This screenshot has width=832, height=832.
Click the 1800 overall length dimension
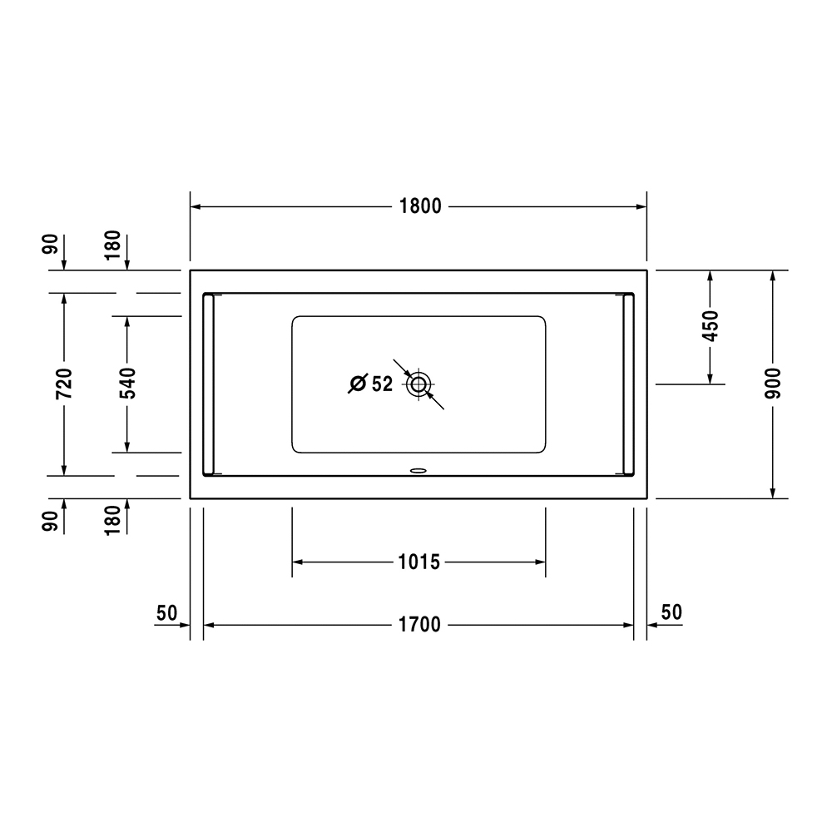419,206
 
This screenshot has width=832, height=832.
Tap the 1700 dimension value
419,625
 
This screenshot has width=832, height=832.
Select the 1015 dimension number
418,562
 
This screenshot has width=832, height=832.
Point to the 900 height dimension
773,383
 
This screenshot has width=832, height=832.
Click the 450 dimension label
710,326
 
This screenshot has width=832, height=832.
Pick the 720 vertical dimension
64,383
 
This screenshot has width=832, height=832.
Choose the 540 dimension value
127,383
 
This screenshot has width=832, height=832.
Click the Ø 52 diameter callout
370,383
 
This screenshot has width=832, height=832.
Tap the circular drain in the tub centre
418,384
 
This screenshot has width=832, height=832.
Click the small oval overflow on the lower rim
418,469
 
